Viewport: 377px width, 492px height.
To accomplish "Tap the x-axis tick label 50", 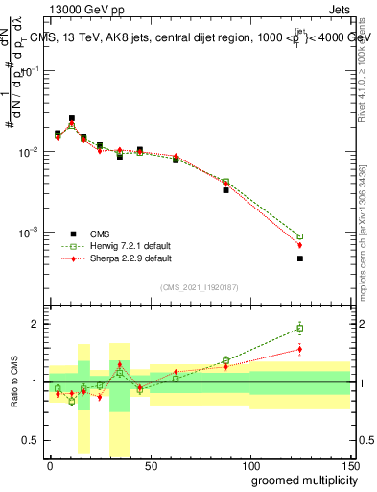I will coord(150,465).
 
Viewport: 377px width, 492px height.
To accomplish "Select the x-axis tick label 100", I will coord(249,465).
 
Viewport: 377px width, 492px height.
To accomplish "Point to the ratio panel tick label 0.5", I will coord(34,440).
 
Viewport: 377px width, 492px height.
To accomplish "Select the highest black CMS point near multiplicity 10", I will coord(72,118).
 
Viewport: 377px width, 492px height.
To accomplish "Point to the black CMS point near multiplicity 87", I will coord(225,190).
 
